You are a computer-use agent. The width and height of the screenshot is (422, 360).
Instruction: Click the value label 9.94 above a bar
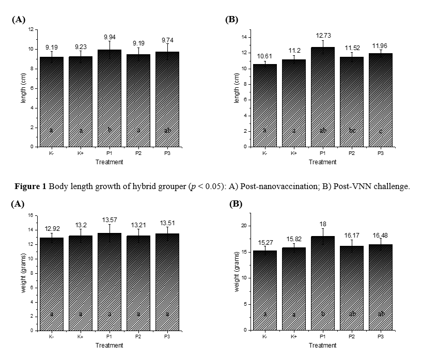tap(110, 38)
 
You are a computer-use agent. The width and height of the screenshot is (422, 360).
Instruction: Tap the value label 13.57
tap(110, 220)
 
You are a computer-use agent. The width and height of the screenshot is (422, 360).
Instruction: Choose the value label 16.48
tap(381, 224)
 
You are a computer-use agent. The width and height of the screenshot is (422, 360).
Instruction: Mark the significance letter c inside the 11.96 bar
tap(381, 131)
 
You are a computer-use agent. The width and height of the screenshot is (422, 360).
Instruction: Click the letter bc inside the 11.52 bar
tap(352, 131)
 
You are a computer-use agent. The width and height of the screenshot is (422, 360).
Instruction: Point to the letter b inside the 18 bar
tap(323, 314)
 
